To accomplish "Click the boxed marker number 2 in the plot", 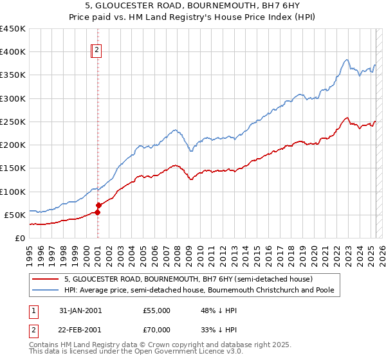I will (x=96, y=50).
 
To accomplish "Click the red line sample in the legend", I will (x=46, y=280).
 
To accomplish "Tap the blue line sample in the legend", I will (x=46, y=291).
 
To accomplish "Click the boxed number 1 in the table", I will (x=33, y=310).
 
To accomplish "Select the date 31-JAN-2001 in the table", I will (x=80, y=310).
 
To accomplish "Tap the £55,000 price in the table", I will (x=156, y=310).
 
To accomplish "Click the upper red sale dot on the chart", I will (x=98, y=205).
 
